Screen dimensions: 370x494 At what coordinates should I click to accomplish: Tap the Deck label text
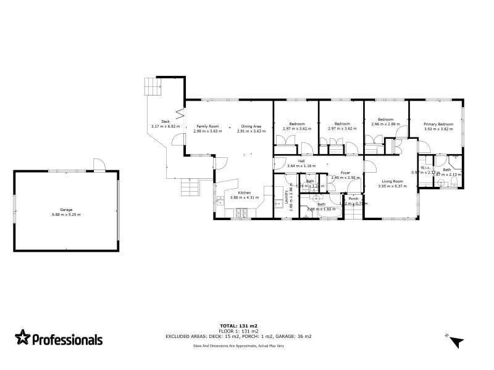point(165,121)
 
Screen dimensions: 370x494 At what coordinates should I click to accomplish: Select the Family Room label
point(207,126)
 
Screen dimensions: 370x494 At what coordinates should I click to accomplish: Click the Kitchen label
point(245,192)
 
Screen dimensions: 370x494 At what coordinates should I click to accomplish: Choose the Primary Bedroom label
point(438,125)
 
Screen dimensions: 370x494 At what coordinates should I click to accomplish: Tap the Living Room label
point(390,181)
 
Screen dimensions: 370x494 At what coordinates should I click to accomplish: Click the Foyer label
point(345,173)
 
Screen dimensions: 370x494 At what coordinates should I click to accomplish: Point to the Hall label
point(301,161)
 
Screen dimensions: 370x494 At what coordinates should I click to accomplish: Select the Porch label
point(354,199)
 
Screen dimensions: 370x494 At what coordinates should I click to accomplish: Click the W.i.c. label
point(425,167)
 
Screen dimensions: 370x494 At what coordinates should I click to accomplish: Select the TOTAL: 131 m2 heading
point(238,325)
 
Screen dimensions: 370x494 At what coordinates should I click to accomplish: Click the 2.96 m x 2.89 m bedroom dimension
point(386,124)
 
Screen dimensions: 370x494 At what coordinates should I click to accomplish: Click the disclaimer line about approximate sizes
point(238,346)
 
